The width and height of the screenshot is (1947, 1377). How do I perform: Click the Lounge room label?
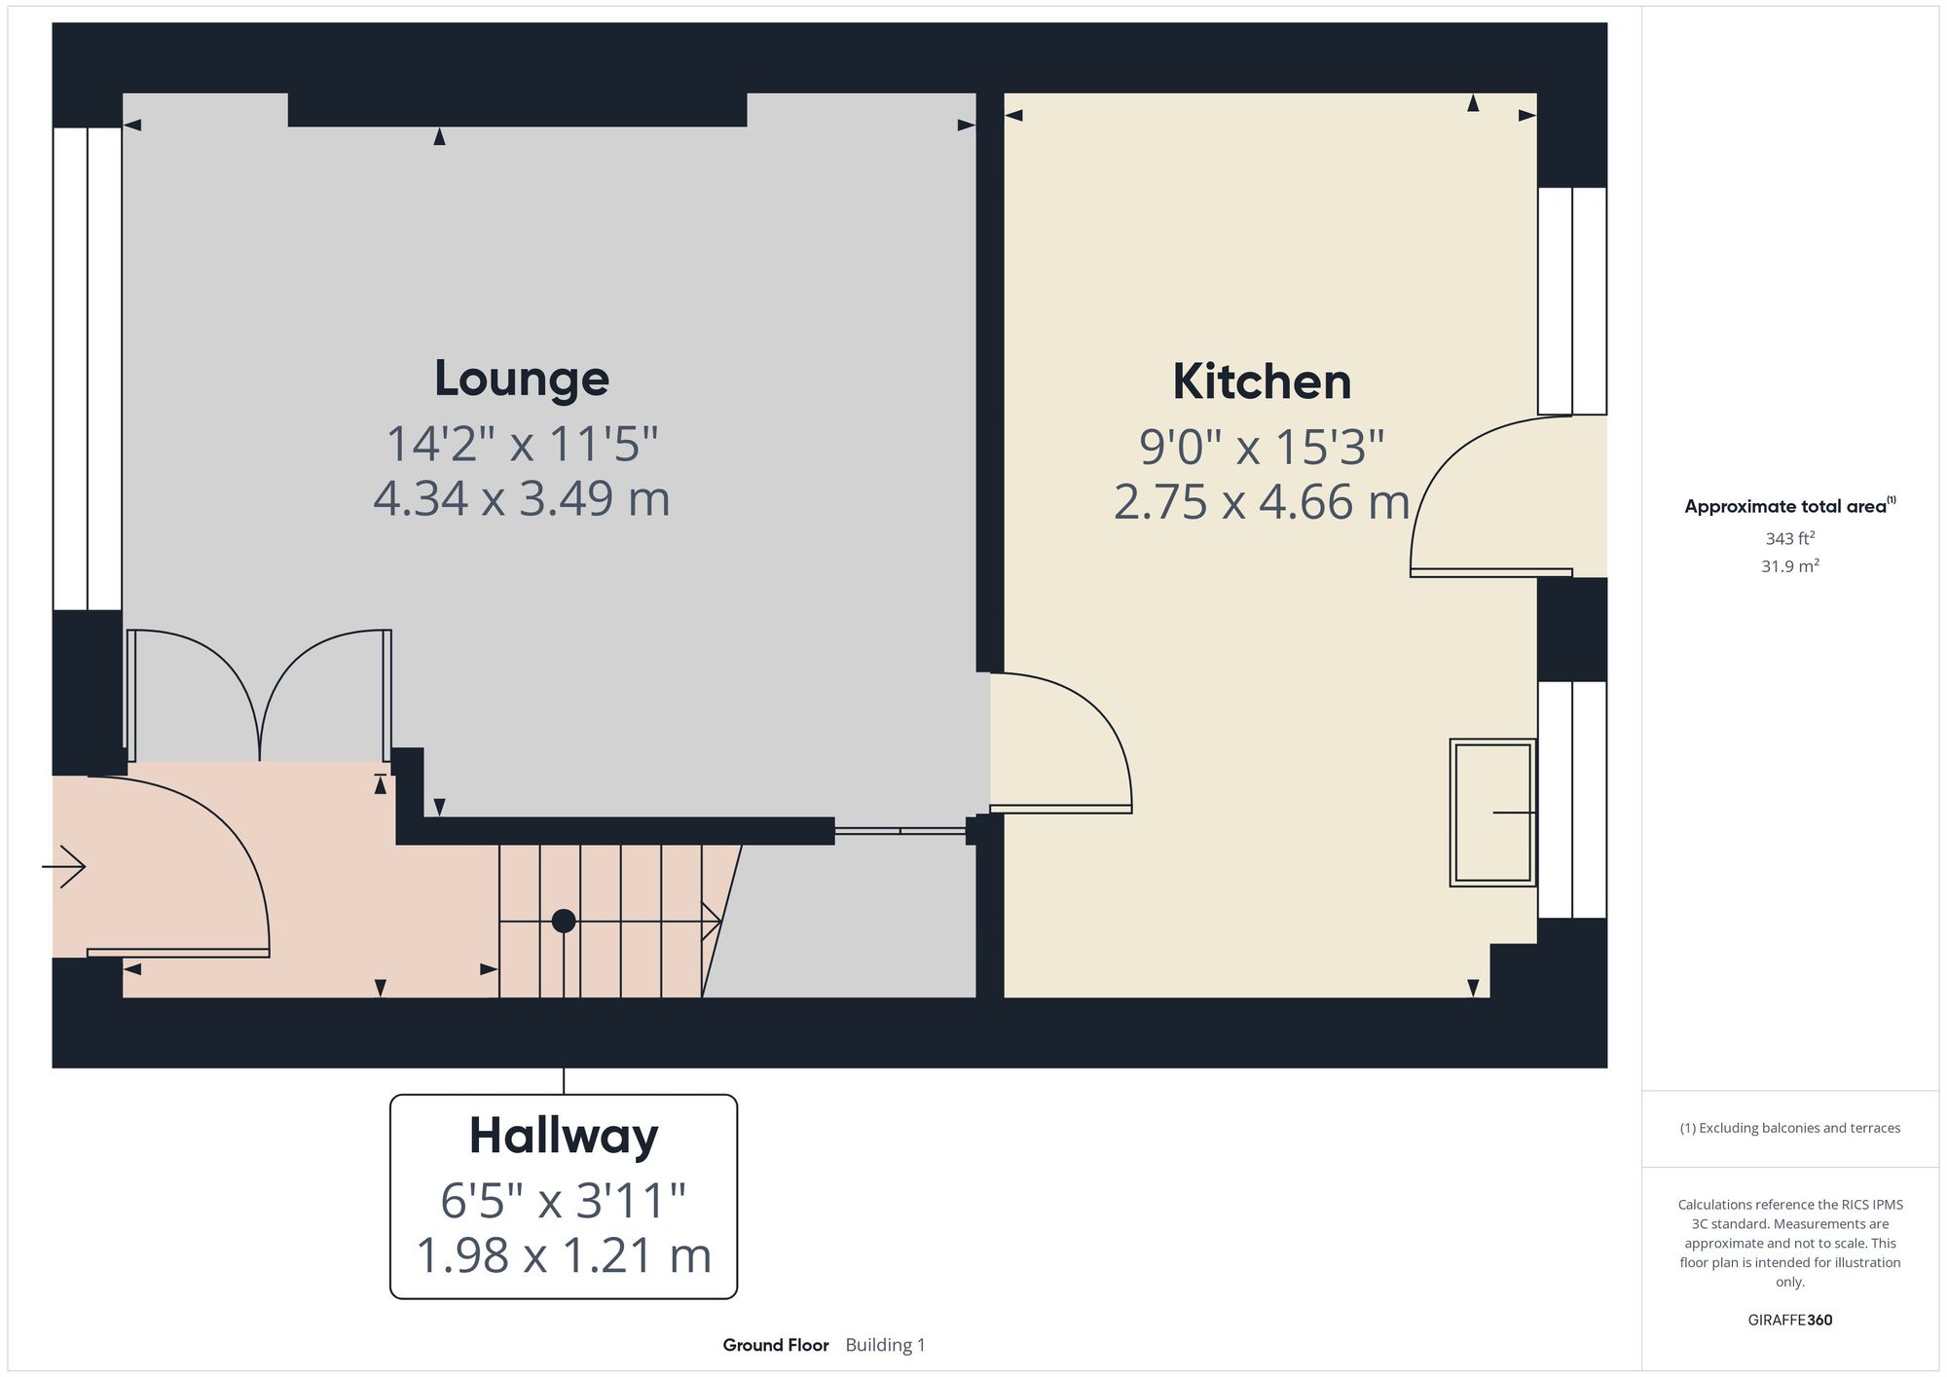(522, 379)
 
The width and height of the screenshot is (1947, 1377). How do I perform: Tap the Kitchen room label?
(1262, 381)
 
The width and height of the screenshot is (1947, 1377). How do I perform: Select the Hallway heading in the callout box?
(564, 1136)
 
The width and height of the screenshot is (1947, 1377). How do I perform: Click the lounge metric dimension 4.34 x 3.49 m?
(522, 498)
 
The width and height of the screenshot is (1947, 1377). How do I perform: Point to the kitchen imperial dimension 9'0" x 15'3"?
(1262, 448)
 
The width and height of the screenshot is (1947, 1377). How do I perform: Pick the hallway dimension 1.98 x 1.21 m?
(564, 1254)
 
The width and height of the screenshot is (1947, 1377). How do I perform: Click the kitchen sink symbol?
(1492, 812)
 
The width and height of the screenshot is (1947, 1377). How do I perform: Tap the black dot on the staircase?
(564, 921)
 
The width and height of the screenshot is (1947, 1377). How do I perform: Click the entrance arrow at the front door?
(64, 866)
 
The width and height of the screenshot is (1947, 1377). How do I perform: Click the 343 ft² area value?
(1789, 538)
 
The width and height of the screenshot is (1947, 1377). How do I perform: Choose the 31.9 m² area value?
(1789, 565)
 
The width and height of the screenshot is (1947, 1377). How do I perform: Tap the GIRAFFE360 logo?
(1789, 1320)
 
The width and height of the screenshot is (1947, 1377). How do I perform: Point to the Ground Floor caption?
(776, 1345)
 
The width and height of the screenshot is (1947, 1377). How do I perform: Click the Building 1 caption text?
(885, 1345)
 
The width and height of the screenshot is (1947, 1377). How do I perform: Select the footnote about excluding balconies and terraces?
(1789, 1128)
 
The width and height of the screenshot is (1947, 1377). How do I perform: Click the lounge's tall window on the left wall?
(88, 369)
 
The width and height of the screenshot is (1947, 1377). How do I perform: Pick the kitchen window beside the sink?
(1571, 800)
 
